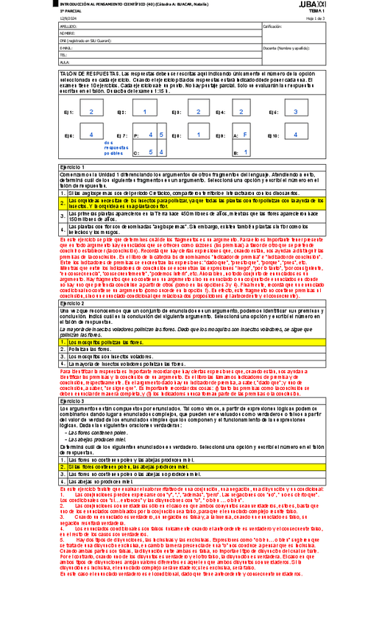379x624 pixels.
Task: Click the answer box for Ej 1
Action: (x=91, y=112)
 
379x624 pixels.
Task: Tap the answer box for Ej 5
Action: (x=295, y=112)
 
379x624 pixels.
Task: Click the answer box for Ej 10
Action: (x=295, y=135)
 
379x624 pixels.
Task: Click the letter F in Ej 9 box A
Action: (x=244, y=135)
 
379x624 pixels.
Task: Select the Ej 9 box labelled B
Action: (x=244, y=152)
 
